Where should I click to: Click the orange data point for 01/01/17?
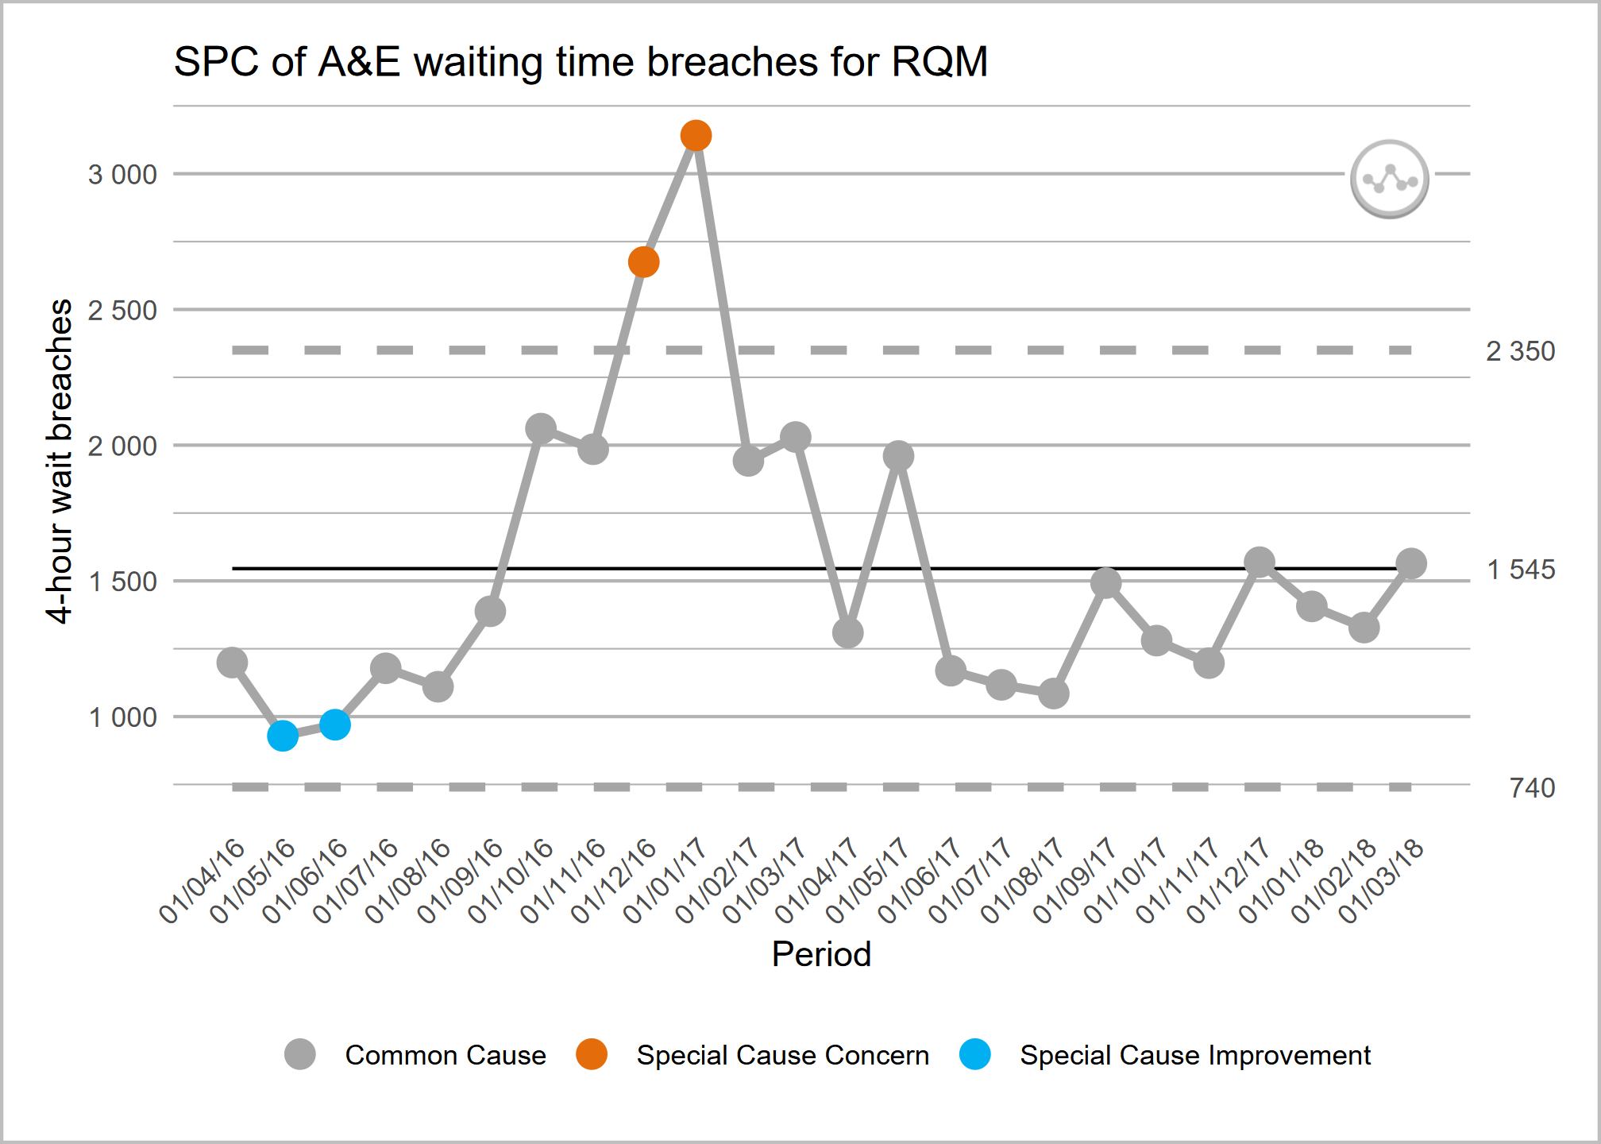click(696, 136)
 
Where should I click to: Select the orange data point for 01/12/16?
click(644, 261)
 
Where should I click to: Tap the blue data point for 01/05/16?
click(283, 736)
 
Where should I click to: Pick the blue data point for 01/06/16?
click(335, 724)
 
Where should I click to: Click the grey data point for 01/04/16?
click(232, 662)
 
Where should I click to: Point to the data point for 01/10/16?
click(541, 429)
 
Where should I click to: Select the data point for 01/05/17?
click(898, 456)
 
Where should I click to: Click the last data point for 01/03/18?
click(1411, 563)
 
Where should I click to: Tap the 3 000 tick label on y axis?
click(122, 175)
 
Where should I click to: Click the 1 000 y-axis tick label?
click(122, 717)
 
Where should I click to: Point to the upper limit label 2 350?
click(1520, 351)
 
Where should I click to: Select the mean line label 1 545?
click(1520, 570)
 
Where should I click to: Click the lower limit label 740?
click(1532, 788)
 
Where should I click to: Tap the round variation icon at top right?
click(1390, 180)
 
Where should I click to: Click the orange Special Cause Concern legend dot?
click(592, 1054)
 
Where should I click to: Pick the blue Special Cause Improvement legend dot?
click(975, 1054)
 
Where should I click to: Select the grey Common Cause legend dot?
click(300, 1054)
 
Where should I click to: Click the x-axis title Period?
click(821, 954)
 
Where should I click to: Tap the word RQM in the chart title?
click(939, 62)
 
